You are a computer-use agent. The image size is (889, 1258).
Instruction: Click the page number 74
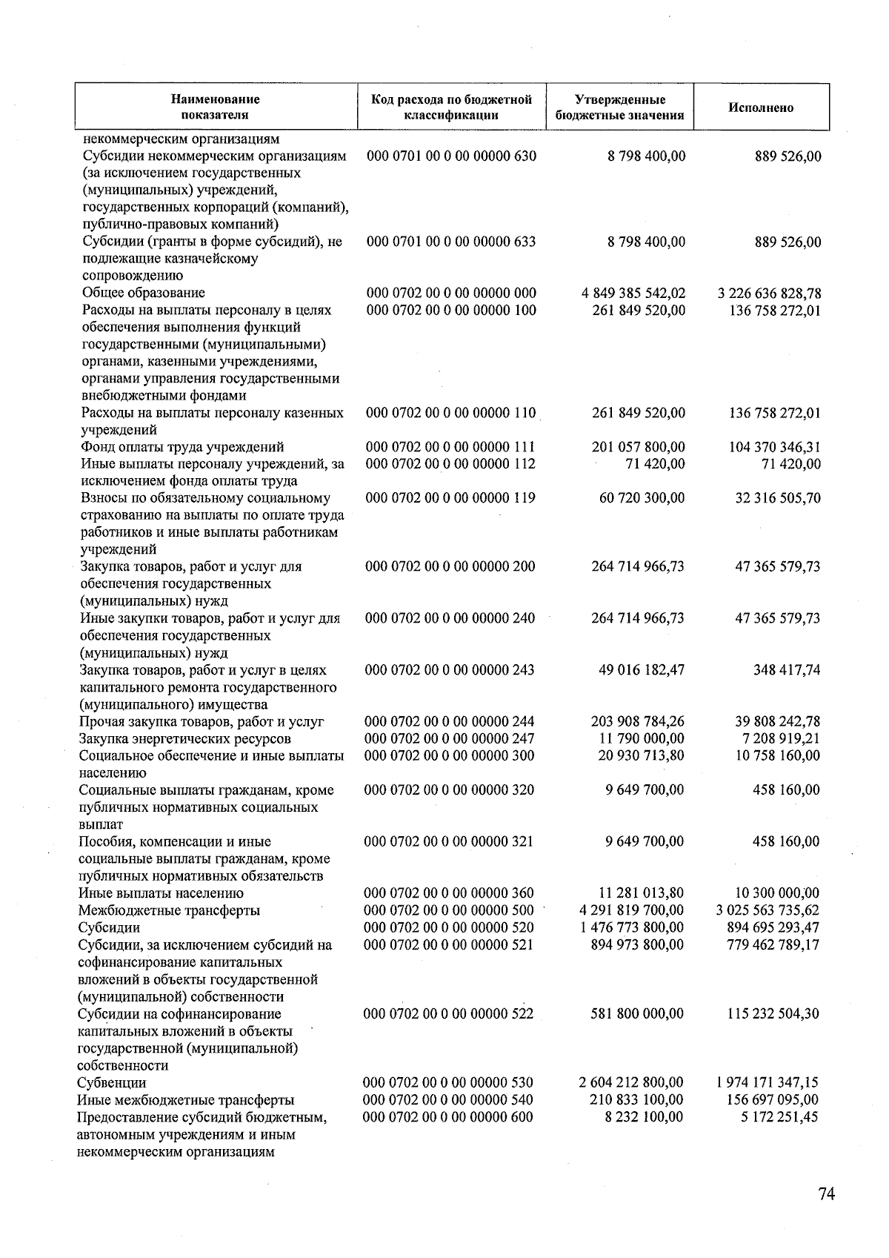coord(827,1194)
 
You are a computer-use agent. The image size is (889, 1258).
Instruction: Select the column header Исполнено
coord(760,107)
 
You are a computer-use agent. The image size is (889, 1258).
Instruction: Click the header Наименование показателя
coord(216,107)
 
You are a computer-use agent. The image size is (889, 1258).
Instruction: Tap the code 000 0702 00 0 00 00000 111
coord(451,447)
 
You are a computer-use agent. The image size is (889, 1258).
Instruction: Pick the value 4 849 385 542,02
coord(633,293)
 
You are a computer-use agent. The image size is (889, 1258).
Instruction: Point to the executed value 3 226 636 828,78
coord(770,293)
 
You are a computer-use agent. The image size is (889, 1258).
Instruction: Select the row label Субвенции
coord(112,1082)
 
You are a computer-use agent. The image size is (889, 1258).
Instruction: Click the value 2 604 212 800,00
coord(632,1082)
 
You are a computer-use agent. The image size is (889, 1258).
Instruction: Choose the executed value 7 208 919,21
coord(777,738)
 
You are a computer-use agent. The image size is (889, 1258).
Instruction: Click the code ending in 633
coord(451,242)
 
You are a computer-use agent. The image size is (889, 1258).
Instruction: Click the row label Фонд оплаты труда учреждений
coord(182,447)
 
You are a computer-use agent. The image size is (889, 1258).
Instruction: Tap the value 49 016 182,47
coord(641,670)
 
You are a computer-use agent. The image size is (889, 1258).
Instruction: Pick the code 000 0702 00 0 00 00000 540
coord(450,1099)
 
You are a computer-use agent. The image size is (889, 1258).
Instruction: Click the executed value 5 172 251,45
coord(779,1116)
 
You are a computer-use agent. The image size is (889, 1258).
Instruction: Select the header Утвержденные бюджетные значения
coord(619,107)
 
